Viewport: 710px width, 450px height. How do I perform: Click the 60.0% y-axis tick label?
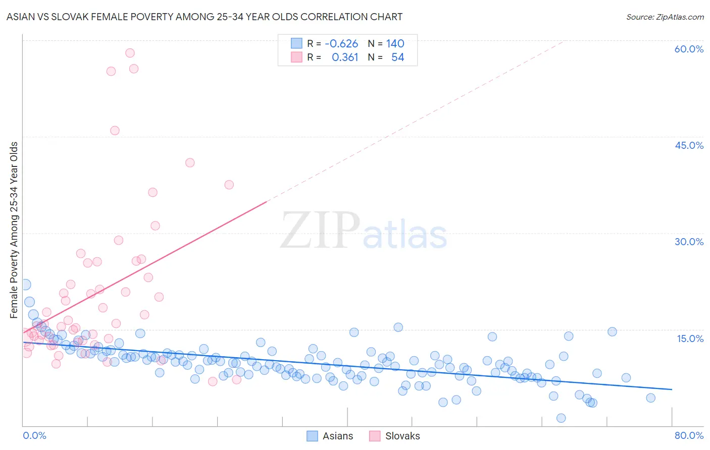coord(689,49)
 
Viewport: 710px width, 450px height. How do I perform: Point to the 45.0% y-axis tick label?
coord(689,145)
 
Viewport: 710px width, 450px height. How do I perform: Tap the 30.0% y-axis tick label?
coord(689,242)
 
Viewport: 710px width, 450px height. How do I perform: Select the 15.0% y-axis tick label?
coord(690,339)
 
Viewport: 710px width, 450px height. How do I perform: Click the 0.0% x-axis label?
coord(34,435)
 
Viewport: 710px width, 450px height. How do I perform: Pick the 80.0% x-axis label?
coord(689,435)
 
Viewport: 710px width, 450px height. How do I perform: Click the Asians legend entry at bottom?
coord(330,436)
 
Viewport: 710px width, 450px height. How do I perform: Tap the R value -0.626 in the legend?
coord(341,44)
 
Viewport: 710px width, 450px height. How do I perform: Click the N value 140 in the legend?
coord(395,44)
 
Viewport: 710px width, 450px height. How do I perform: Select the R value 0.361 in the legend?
coord(345,58)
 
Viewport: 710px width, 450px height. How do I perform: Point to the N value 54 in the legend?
coord(397,58)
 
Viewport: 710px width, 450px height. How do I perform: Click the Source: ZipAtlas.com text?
coord(665,17)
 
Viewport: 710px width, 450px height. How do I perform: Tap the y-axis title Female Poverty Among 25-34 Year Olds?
coord(14,230)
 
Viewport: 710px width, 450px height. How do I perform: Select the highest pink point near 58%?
coord(130,53)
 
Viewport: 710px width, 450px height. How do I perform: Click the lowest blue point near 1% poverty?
coord(561,418)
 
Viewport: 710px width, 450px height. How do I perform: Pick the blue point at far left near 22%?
coord(25,285)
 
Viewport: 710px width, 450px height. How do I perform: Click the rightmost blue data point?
coord(650,398)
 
